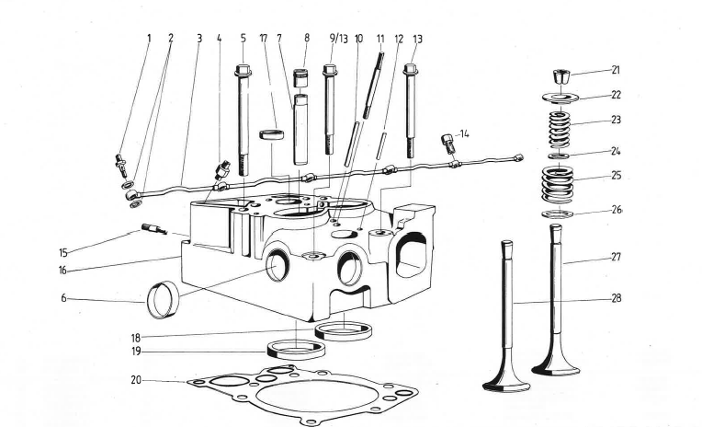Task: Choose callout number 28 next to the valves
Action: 616,298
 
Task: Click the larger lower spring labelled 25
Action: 558,182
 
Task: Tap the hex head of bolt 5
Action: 243,70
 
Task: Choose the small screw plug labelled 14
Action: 447,143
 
